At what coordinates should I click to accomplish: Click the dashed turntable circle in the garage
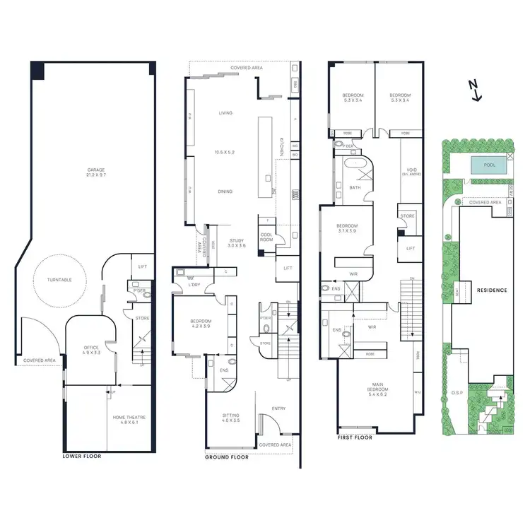(x=59, y=281)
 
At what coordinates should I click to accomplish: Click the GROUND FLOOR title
(x=227, y=457)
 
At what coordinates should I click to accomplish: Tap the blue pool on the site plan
(x=489, y=165)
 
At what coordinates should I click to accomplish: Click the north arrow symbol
(x=476, y=90)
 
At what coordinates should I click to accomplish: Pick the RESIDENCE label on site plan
(x=491, y=290)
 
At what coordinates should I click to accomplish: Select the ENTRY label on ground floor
(x=278, y=409)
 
